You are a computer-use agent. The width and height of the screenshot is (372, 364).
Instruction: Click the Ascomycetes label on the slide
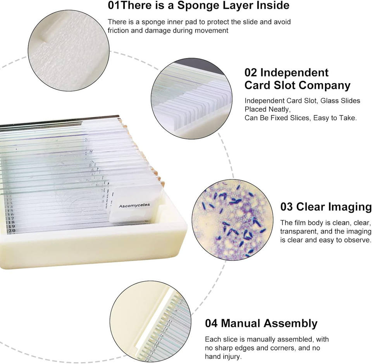point(134,205)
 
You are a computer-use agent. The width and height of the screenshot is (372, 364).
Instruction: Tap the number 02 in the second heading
point(251,73)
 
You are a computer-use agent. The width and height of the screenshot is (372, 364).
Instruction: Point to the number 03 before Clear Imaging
point(287,207)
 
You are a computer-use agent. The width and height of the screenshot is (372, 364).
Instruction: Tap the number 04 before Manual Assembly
point(211,323)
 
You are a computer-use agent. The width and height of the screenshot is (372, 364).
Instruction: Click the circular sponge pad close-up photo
point(69,50)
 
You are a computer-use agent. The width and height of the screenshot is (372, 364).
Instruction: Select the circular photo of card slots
point(192,99)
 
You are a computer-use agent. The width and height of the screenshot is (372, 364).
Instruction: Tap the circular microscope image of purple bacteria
point(232,220)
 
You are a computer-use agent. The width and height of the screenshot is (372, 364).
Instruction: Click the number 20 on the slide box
point(12,231)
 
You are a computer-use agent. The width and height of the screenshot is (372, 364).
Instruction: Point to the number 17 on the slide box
point(11,218)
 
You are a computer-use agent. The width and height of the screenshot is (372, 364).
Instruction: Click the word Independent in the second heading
point(294,73)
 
